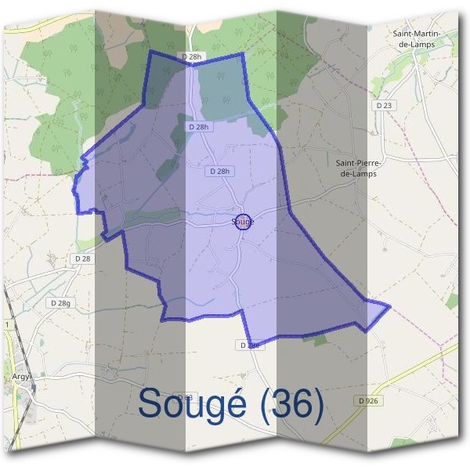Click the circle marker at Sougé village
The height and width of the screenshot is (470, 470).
243,222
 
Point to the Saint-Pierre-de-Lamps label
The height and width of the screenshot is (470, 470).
356,168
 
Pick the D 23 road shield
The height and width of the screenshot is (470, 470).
383,105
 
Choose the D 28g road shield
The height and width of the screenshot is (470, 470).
60,302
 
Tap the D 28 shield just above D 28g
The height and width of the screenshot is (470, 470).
81,258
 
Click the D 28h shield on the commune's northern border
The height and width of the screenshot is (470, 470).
191,56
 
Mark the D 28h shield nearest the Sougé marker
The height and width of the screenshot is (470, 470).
222,171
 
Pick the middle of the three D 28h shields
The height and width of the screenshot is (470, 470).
200,126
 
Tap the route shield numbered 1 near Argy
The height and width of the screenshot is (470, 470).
6,324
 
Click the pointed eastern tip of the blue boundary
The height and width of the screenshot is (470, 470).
389,305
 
